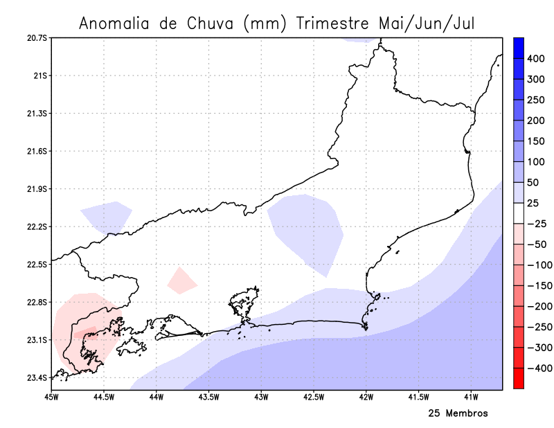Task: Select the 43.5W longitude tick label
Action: point(208,397)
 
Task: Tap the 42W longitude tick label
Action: point(366,397)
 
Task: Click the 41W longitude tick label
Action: point(471,397)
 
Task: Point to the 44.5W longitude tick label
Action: point(103,397)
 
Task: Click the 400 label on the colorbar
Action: point(535,58)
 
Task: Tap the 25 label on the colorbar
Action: point(533,203)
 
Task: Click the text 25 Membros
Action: point(458,413)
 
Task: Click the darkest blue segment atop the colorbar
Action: point(517,47)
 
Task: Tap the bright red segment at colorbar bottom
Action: point(517,379)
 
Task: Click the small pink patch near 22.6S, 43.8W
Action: point(181,280)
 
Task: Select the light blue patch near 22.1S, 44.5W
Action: point(107,215)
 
